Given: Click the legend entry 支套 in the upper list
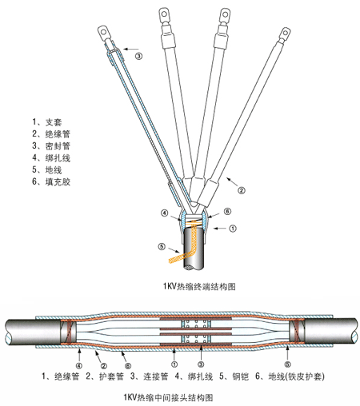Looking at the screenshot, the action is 54,122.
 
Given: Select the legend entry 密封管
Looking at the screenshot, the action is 58,146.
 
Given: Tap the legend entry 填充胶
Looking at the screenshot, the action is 58,181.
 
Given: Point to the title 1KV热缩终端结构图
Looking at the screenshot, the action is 199,286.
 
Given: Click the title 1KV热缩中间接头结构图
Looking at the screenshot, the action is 168,397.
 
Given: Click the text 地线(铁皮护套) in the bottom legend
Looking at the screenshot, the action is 296,376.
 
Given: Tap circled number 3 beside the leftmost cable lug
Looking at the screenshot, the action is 139,56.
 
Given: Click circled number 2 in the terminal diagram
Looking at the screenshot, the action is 242,190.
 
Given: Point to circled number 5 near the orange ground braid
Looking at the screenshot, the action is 162,247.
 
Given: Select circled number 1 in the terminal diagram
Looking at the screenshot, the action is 233,229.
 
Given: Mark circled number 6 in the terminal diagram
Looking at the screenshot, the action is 227,211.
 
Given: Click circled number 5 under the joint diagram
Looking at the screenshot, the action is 287,364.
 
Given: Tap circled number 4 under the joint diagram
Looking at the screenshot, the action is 79,365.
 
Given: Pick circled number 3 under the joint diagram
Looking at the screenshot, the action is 201,364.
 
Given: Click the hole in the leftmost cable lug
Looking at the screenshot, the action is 103,33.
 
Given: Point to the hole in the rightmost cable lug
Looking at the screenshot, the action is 286,33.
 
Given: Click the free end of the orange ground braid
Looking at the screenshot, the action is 170,261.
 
